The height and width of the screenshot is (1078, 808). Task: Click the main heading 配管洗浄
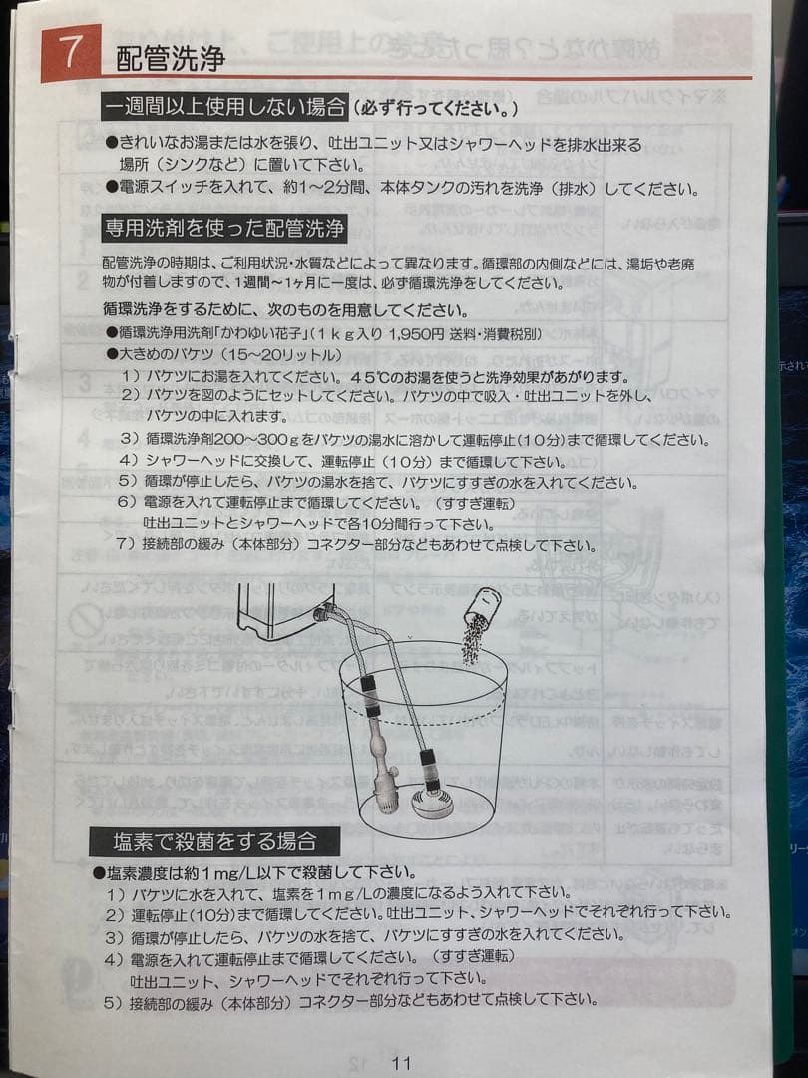(x=171, y=58)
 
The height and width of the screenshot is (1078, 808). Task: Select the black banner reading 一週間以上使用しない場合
(x=225, y=107)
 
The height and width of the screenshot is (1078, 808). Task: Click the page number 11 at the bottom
(x=401, y=1062)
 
